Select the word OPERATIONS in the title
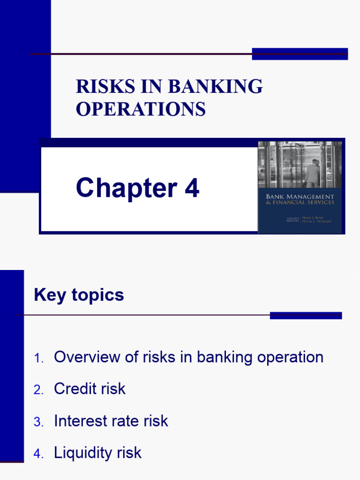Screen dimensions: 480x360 click(x=141, y=109)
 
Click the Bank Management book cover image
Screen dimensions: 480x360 click(x=300, y=187)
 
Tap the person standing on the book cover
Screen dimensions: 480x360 click(x=312, y=173)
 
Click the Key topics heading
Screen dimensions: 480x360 click(x=79, y=295)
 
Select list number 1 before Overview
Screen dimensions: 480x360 click(x=38, y=359)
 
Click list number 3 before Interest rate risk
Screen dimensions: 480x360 click(x=38, y=422)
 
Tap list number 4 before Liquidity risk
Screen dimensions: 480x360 click(x=38, y=454)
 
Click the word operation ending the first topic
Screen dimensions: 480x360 click(x=292, y=358)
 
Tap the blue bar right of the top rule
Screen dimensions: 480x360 click(x=300, y=54)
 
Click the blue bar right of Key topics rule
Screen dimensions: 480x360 click(x=306, y=315)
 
